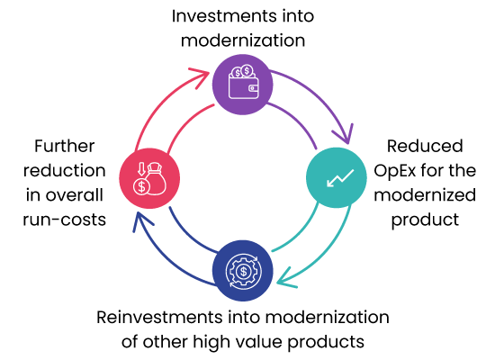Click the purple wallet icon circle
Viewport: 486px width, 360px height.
click(243, 85)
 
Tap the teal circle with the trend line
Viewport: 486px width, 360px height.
click(337, 177)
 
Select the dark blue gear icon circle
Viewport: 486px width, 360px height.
click(243, 271)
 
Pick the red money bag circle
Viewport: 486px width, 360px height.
click(149, 178)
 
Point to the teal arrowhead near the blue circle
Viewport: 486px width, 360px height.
click(285, 278)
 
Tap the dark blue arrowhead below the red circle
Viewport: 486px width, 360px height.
click(141, 220)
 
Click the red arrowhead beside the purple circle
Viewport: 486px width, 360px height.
click(201, 77)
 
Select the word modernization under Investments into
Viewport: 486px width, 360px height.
click(243, 40)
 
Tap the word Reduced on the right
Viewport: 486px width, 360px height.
click(425, 146)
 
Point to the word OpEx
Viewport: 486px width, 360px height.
click(394, 171)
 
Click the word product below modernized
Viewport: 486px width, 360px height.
click(425, 220)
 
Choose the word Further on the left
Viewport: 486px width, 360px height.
click(65, 146)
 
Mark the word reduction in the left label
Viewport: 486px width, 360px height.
click(65, 170)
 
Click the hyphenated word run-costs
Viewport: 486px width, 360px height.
click(65, 220)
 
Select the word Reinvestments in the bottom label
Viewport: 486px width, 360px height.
click(160, 317)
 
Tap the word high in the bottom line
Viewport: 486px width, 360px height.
click(211, 342)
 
